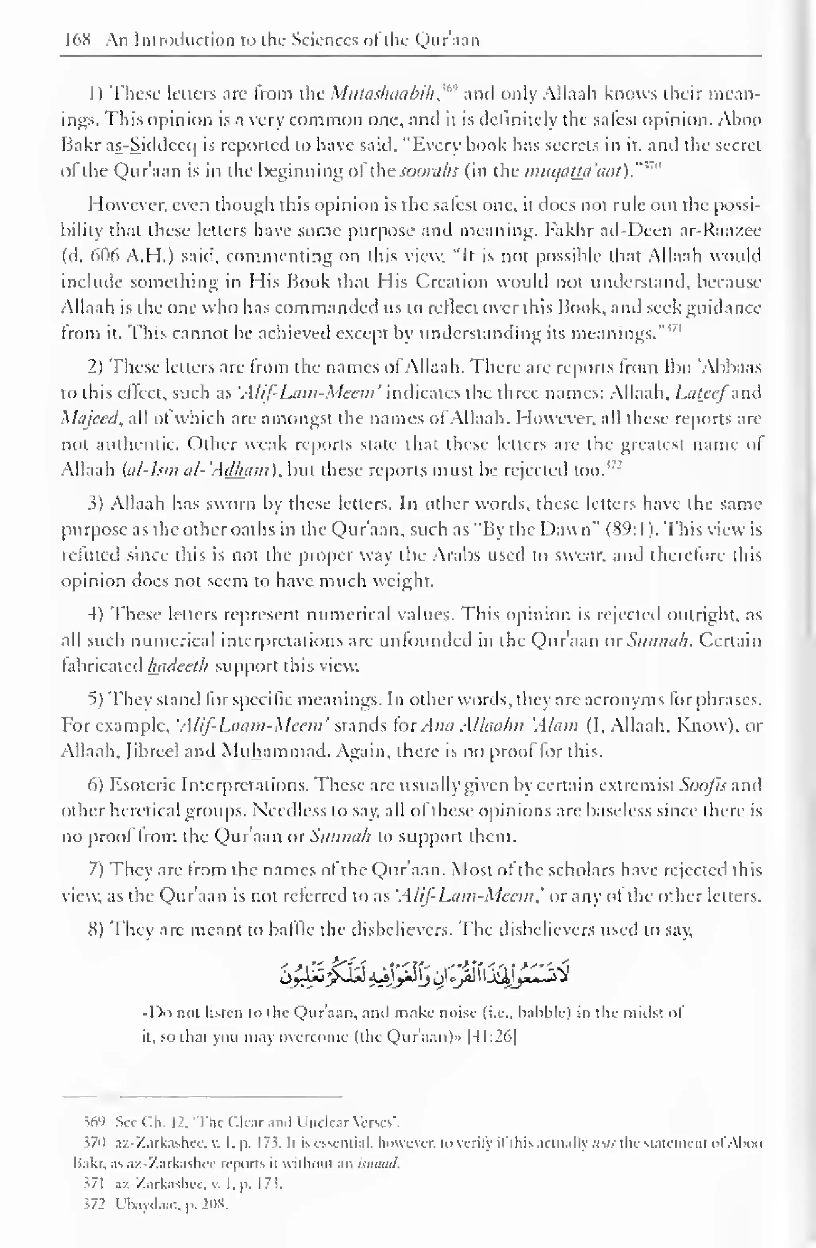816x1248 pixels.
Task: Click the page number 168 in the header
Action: click(76, 40)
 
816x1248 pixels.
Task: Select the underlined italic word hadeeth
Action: click(178, 667)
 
